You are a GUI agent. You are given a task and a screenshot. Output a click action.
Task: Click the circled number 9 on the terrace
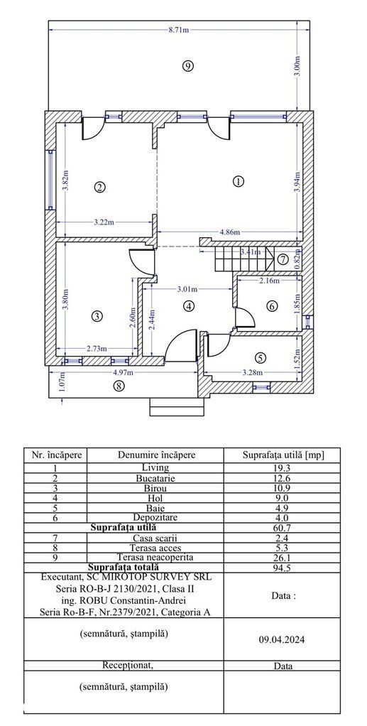(187, 66)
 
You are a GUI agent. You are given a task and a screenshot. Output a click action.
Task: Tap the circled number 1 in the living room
(238, 181)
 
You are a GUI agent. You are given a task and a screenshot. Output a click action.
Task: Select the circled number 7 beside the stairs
(283, 259)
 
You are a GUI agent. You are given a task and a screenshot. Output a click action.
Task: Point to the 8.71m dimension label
(179, 31)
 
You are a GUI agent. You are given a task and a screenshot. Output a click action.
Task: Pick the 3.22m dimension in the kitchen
(104, 222)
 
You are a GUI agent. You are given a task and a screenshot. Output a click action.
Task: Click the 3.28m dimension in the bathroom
(253, 372)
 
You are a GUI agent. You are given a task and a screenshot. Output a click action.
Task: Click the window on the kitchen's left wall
(50, 179)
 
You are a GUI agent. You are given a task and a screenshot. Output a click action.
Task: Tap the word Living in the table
(156, 468)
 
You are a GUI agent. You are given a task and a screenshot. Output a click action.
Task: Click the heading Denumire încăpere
(156, 455)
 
